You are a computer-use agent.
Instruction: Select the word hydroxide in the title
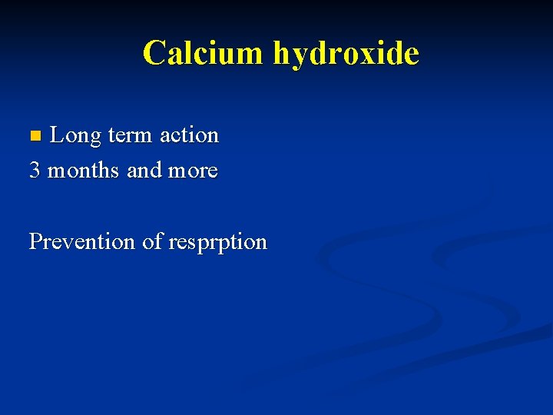(x=346, y=53)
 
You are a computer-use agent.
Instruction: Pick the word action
(x=190, y=136)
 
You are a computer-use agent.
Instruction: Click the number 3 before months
(x=35, y=170)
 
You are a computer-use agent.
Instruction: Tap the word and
(x=144, y=170)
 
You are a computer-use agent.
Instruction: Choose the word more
(x=192, y=170)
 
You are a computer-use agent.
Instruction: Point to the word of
(x=151, y=241)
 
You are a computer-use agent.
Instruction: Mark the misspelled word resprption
(x=217, y=243)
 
